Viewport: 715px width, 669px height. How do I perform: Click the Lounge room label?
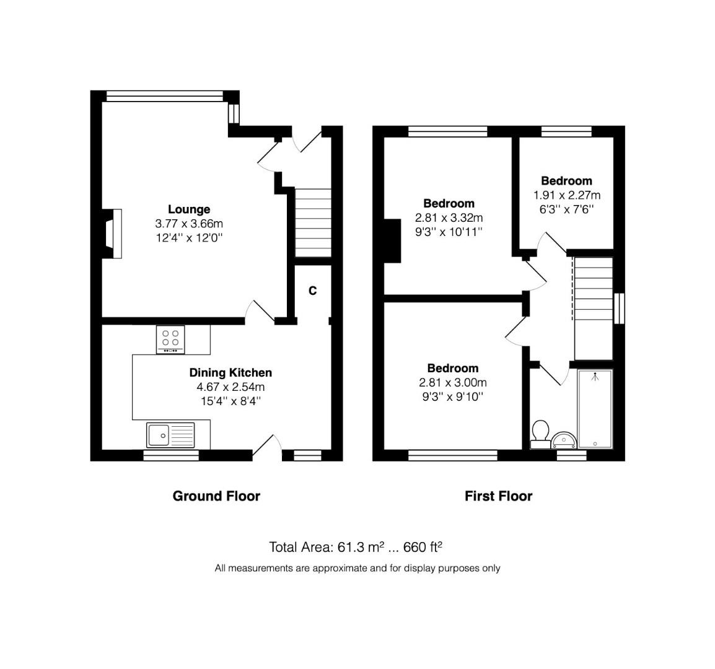189,209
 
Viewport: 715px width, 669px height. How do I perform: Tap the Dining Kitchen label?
230,372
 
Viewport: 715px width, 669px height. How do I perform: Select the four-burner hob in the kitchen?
170,339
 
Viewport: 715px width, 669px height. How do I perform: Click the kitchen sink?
170,435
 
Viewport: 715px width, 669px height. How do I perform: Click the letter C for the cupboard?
313,291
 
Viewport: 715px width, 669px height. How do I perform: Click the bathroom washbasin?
564,440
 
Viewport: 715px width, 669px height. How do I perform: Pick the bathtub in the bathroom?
595,409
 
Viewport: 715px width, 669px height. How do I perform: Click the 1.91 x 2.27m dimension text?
566,195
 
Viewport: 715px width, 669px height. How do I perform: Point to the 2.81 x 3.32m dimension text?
449,217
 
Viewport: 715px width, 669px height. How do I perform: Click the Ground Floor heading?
216,496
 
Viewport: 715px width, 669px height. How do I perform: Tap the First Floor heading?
498,496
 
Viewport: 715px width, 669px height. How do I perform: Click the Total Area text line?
355,547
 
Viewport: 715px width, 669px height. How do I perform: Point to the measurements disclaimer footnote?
357,568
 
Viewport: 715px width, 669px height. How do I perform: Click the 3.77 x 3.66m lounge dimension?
189,224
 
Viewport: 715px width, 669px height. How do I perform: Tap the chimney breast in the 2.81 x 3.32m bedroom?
392,241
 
